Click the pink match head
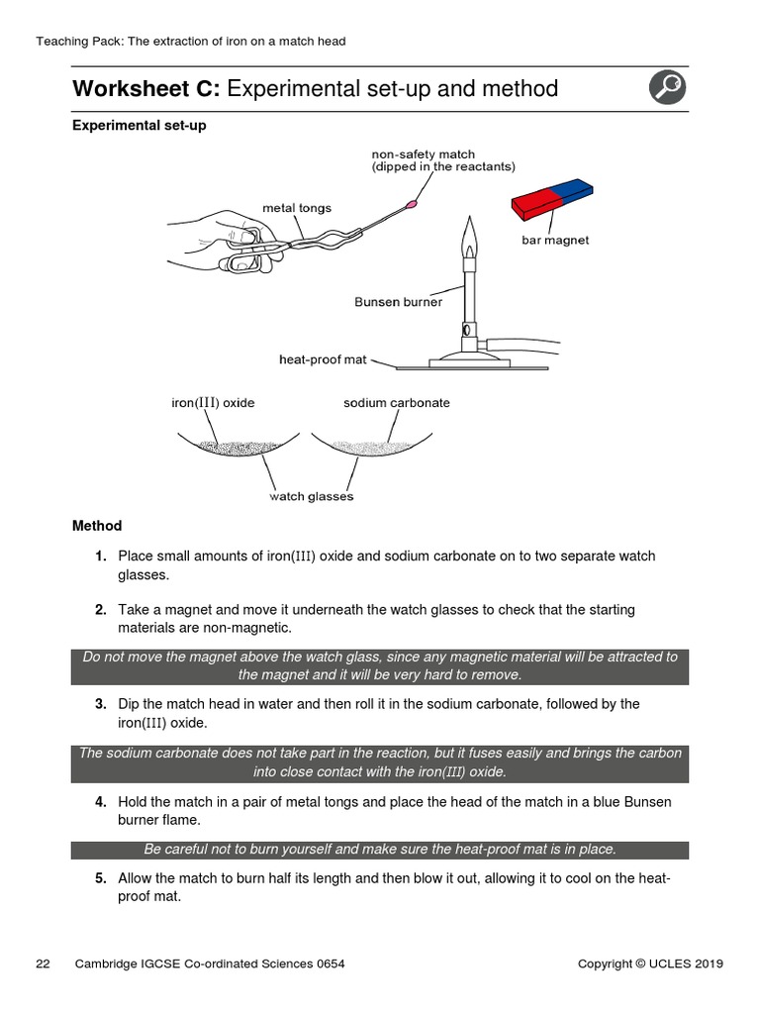tap(411, 207)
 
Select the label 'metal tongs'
tap(297, 208)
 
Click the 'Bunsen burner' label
tap(399, 302)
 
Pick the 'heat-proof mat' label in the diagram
tap(323, 359)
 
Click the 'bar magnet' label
tap(555, 241)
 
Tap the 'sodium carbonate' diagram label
tap(396, 403)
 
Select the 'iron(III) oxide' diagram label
tap(213, 403)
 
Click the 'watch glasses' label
tap(311, 496)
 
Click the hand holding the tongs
tap(213, 238)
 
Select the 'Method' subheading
tap(97, 526)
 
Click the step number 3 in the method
tap(101, 704)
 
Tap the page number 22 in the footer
tap(43, 963)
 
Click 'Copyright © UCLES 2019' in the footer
tap(650, 963)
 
